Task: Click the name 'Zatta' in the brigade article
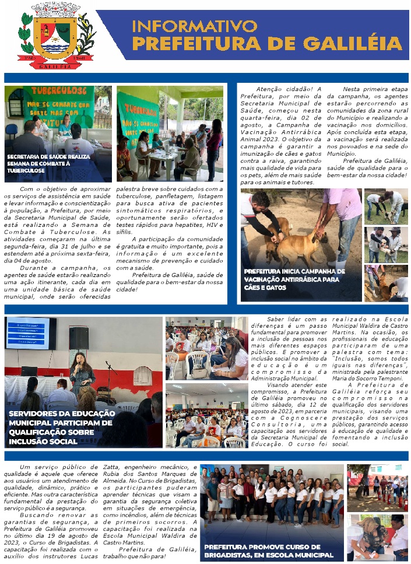click(x=113, y=467)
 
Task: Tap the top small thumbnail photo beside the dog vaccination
click(x=387, y=206)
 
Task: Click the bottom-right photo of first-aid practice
click(x=377, y=538)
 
